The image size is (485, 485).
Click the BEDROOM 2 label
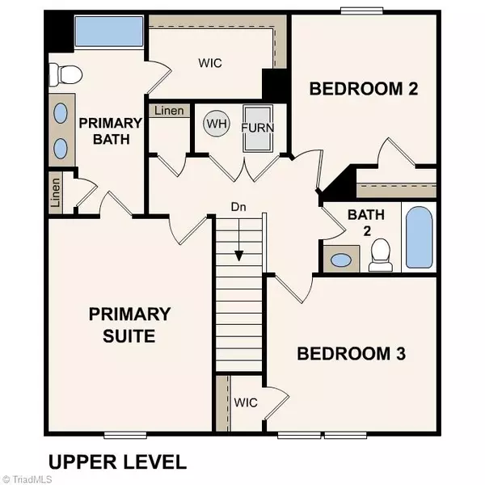point(364,89)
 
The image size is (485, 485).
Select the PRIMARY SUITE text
point(129,324)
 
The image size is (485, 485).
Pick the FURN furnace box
point(258,127)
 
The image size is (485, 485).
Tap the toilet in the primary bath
point(65,75)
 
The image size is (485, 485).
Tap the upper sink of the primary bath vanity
point(61,113)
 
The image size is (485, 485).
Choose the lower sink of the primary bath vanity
point(61,147)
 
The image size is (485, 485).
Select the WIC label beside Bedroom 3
point(245,402)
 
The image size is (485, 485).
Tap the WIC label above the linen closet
point(211,62)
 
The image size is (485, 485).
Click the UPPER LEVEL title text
point(117,462)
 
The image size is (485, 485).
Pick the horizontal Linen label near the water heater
point(167,111)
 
